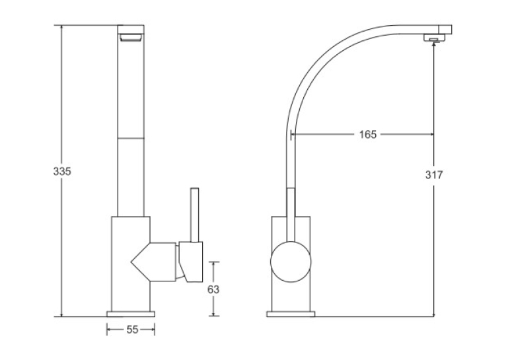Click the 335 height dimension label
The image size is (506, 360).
coord(62,171)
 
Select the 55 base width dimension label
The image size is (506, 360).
coord(132,330)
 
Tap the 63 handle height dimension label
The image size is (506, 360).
coord(213,289)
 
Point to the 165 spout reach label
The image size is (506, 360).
coord(368,134)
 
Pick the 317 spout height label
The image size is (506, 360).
coord(434,174)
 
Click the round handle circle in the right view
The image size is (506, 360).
coord(291,262)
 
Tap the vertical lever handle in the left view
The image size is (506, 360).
coord(195,215)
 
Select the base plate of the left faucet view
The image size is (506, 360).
coord(131,314)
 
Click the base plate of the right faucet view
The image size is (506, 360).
coord(291,314)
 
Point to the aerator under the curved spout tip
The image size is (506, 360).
coord(435,38)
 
